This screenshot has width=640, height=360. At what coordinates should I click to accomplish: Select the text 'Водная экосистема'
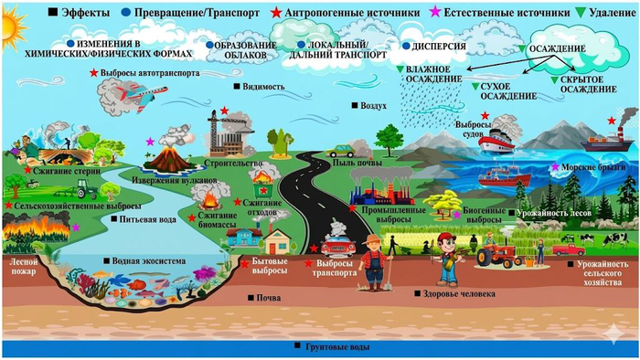pos(150,261)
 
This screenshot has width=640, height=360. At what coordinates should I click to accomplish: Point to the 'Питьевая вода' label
pos(144,219)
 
